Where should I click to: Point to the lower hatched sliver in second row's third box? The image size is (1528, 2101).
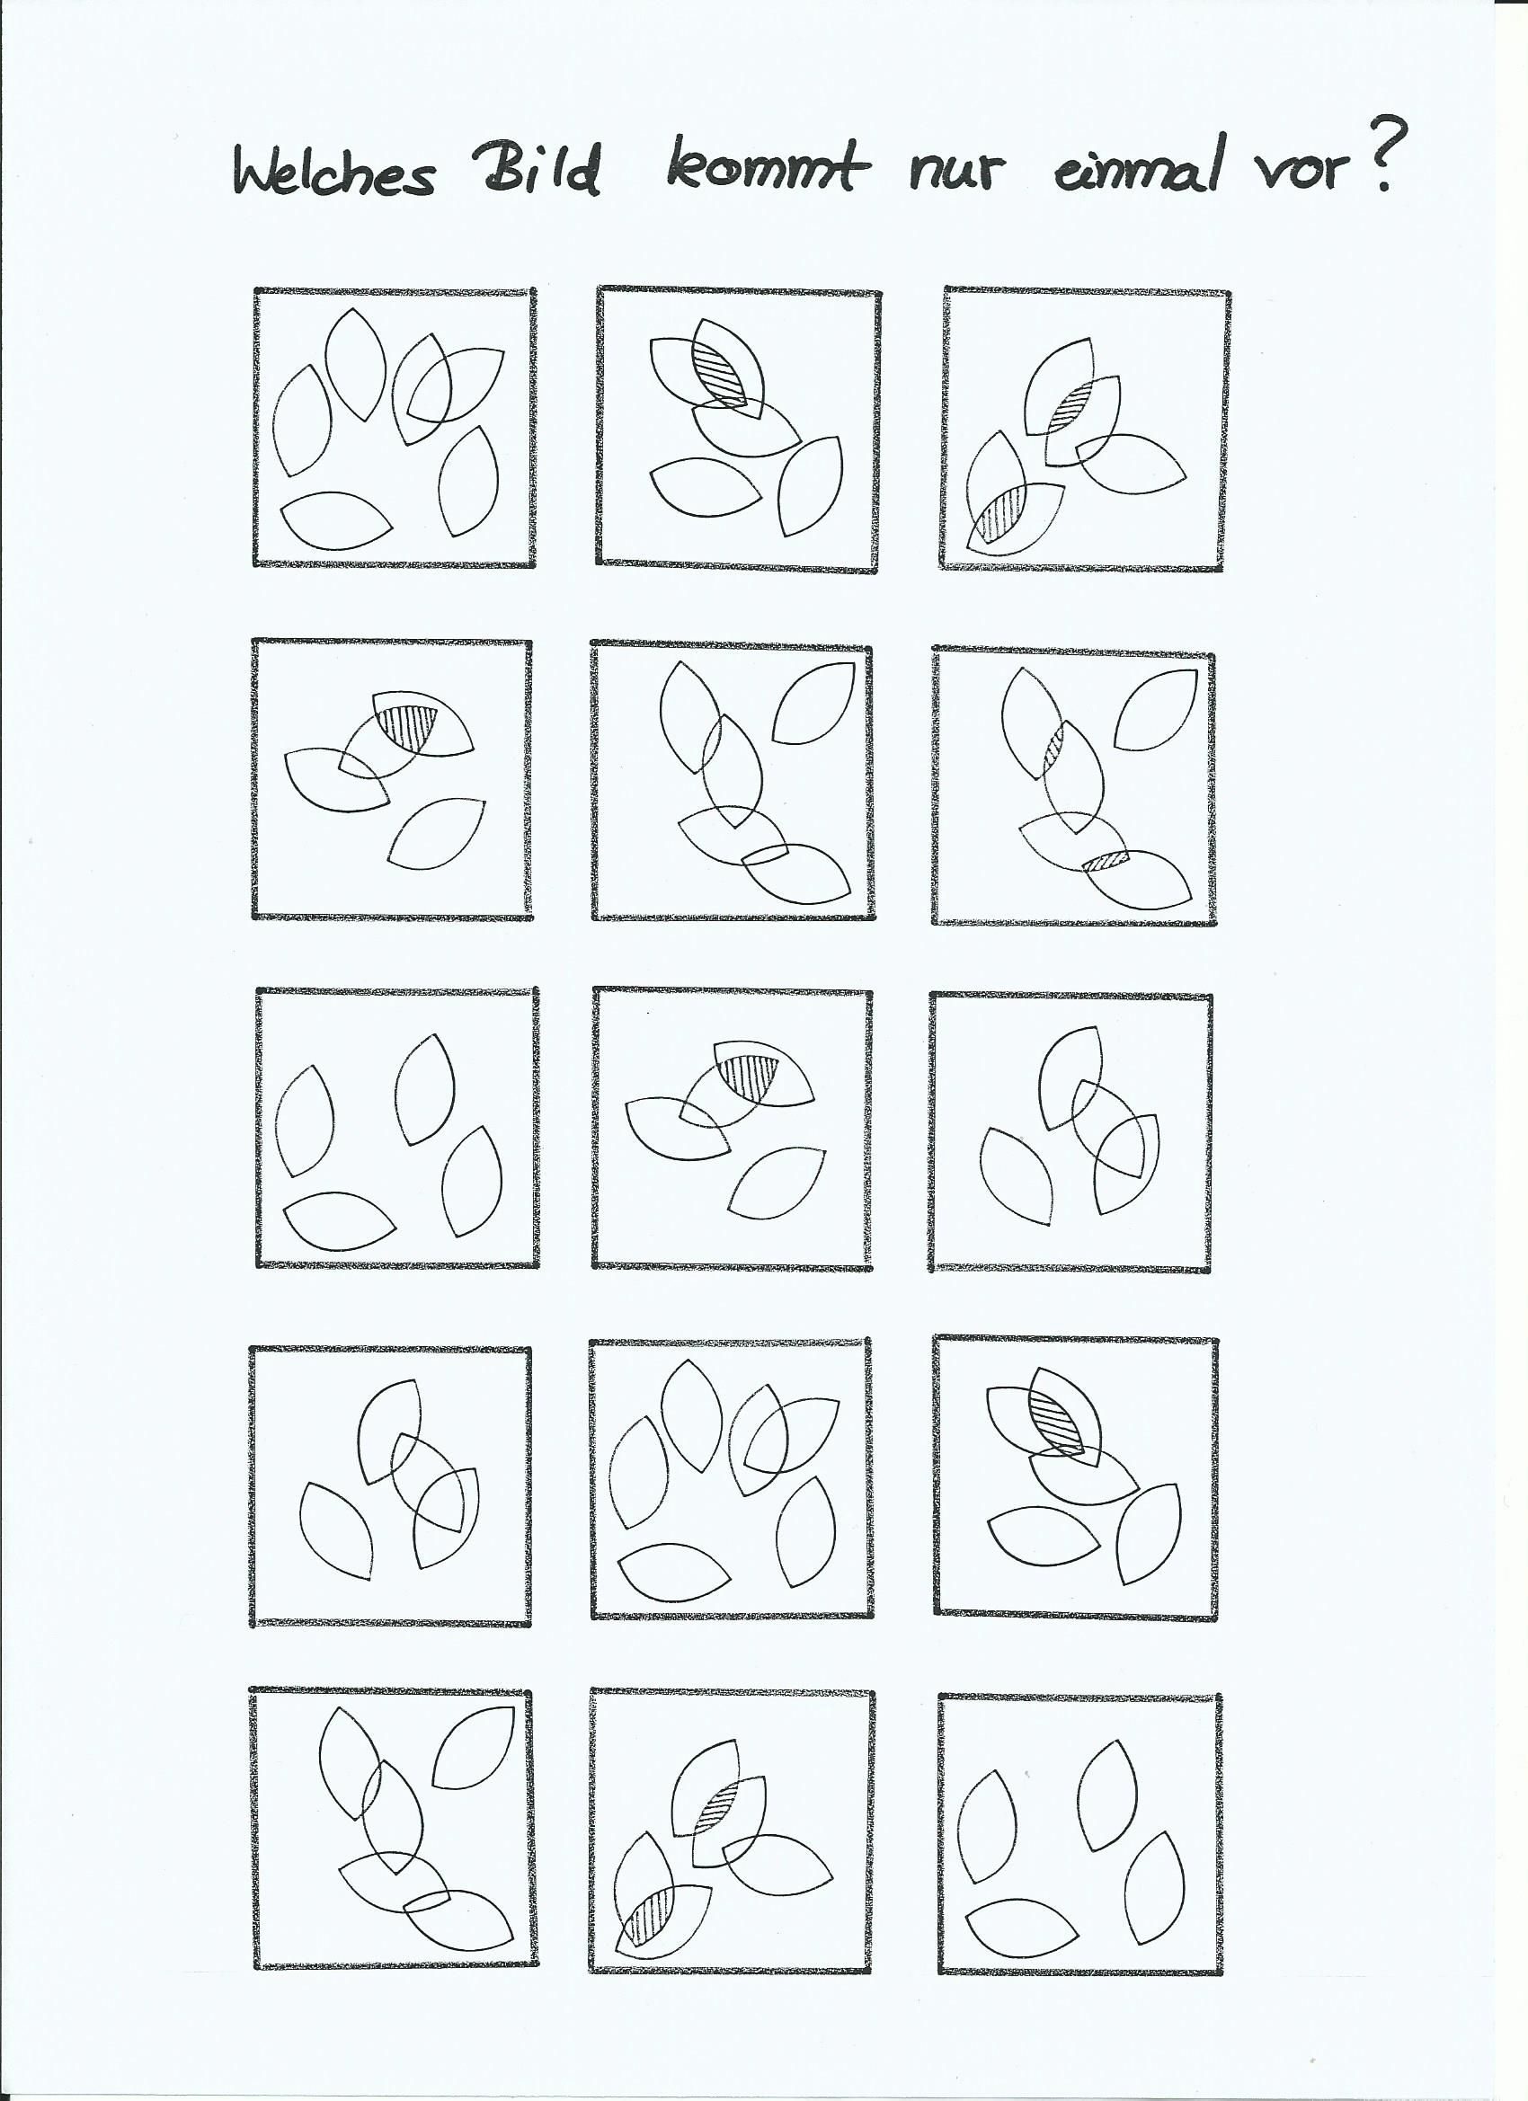click(1108, 860)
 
